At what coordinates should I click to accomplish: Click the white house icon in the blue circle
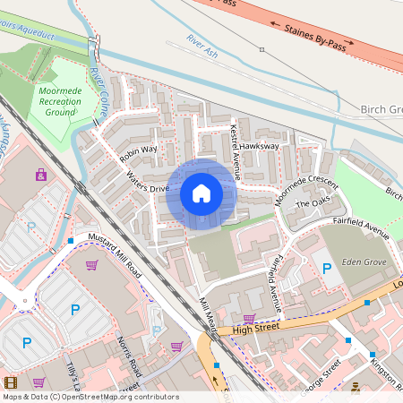point(201,193)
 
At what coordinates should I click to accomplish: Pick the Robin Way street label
point(138,153)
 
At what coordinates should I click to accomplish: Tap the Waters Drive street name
point(148,182)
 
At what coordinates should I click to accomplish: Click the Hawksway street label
point(260,145)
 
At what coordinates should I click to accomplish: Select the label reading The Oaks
point(313,203)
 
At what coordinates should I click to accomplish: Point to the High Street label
point(250,330)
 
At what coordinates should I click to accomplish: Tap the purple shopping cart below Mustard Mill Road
point(91,264)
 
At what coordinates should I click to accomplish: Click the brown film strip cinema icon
point(10,383)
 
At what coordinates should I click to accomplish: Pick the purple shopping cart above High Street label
point(249,318)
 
